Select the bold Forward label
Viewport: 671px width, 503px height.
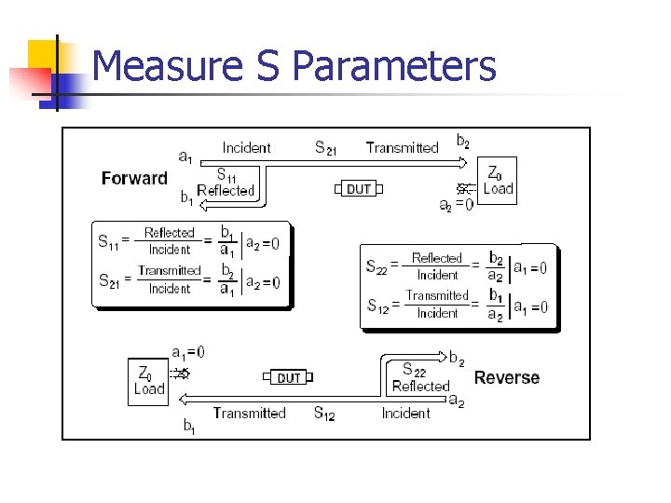tap(134, 179)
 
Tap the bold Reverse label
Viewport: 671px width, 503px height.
tap(506, 377)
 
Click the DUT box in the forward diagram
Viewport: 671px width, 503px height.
tap(359, 189)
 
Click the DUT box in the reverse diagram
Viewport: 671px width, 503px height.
tap(289, 377)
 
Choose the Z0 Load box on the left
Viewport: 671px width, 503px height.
tap(149, 381)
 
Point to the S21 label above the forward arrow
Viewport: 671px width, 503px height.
tap(327, 147)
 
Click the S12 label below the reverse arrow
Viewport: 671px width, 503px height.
tap(323, 414)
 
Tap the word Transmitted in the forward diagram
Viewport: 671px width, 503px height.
tap(402, 147)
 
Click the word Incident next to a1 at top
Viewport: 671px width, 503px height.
tap(246, 147)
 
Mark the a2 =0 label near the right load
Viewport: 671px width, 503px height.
tap(456, 204)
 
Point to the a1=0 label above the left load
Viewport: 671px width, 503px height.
tap(188, 352)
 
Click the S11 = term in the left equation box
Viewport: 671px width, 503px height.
tap(114, 240)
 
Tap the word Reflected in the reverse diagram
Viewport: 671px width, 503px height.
tap(420, 386)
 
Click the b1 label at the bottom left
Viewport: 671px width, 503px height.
tap(189, 427)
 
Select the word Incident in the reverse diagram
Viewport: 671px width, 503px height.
tap(405, 414)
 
